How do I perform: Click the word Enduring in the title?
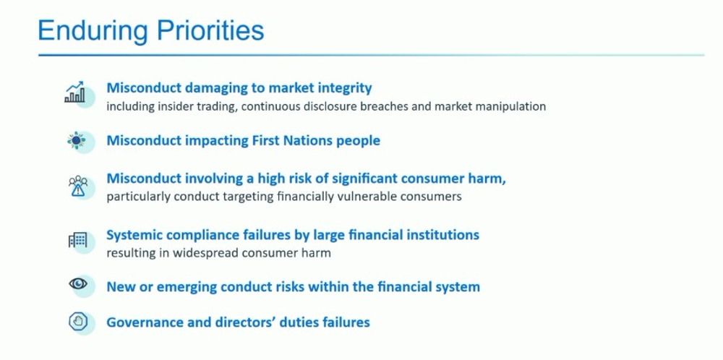tap(93, 31)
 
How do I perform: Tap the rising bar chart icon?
tap(74, 92)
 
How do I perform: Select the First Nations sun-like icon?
tap(76, 140)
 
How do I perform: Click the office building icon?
tap(77, 240)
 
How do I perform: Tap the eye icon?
tap(78, 284)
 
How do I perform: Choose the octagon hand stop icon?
tap(78, 321)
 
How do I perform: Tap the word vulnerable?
tap(375, 197)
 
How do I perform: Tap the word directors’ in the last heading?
tap(236, 322)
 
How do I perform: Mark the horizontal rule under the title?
tap(371, 56)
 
